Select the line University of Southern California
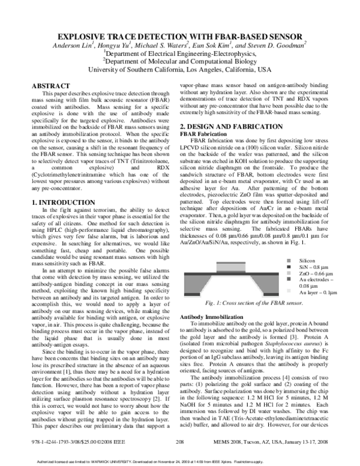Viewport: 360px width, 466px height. (179, 69)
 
